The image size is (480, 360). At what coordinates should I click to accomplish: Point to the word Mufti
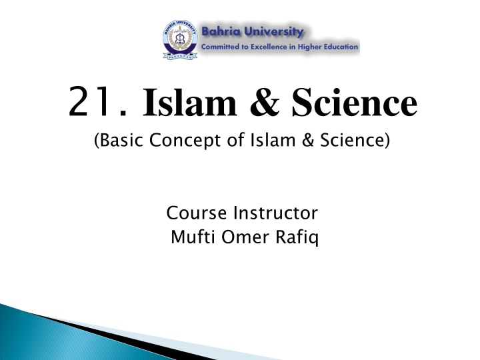pos(190,236)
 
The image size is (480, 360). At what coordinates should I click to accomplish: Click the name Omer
pos(247,236)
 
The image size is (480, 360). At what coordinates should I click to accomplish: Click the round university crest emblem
pos(179,39)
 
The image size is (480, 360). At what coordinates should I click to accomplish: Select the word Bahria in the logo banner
pos(225,31)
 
